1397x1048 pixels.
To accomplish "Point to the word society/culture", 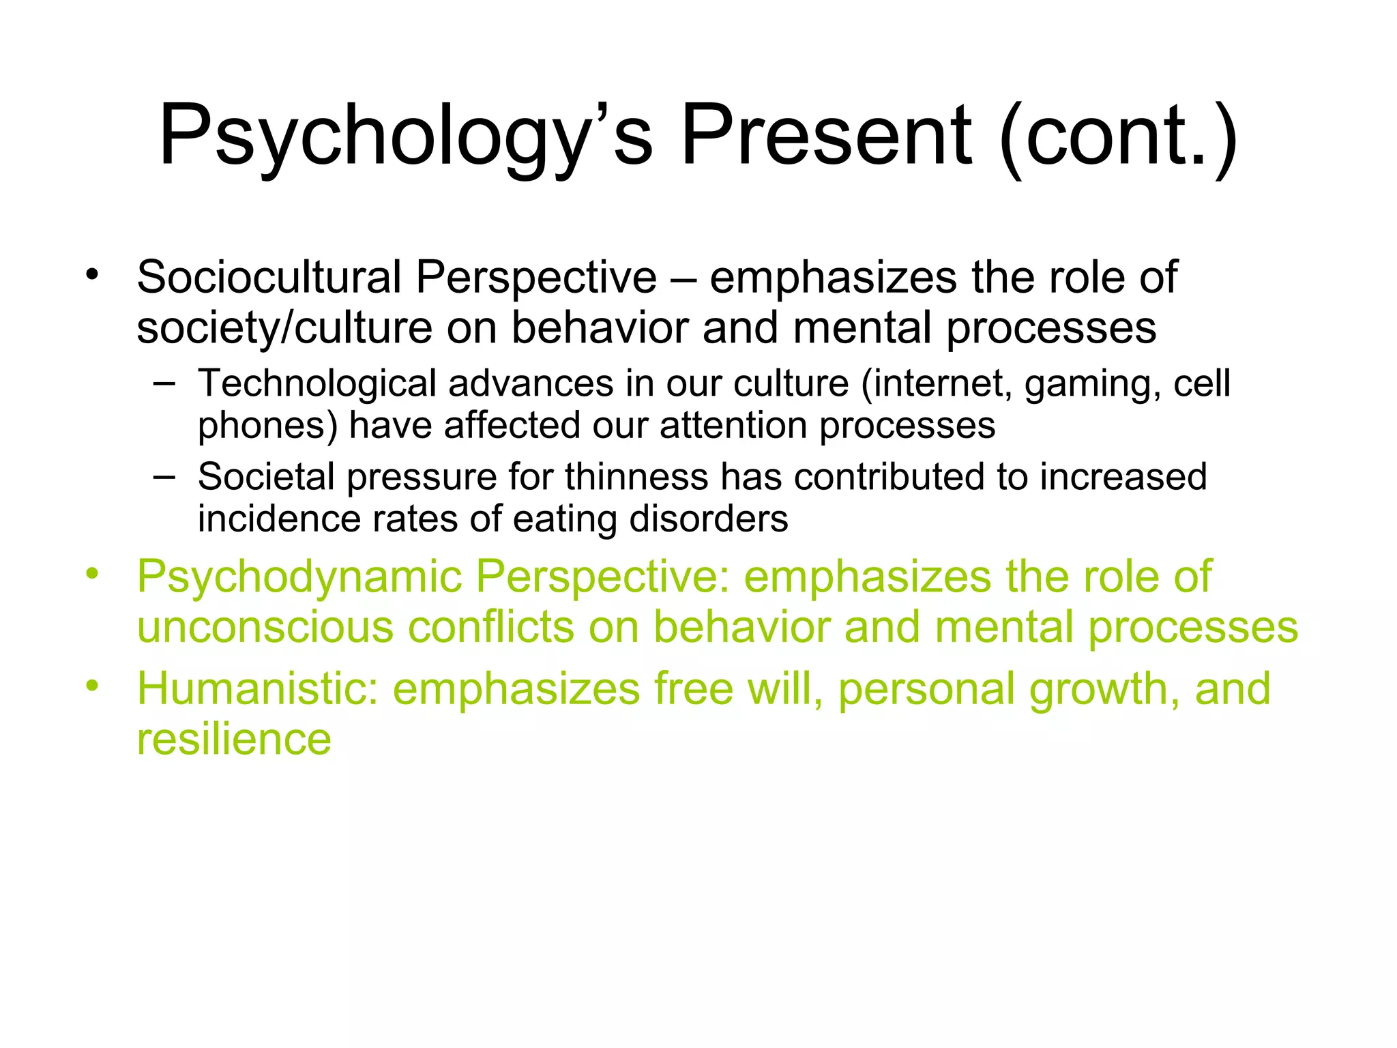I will [x=284, y=327].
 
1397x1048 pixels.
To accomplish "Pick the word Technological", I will [x=317, y=383].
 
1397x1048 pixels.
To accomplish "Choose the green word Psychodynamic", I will [x=299, y=577].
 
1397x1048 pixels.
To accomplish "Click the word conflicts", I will [x=490, y=627].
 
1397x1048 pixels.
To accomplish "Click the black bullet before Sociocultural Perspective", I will [x=92, y=276].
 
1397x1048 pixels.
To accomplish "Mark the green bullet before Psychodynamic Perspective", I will [x=92, y=574].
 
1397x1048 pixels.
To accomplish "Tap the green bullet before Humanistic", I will [x=92, y=686].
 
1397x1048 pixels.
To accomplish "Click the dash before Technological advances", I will [x=164, y=383].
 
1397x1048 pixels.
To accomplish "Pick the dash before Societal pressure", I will [x=164, y=476].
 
